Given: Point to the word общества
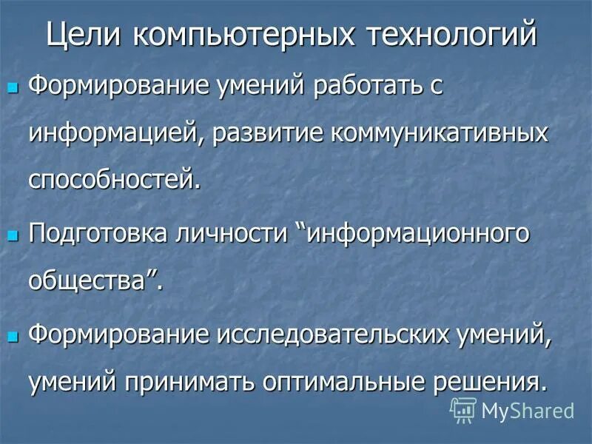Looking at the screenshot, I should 93,280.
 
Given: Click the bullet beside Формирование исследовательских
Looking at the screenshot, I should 12,337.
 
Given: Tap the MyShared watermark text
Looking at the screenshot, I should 528,410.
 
